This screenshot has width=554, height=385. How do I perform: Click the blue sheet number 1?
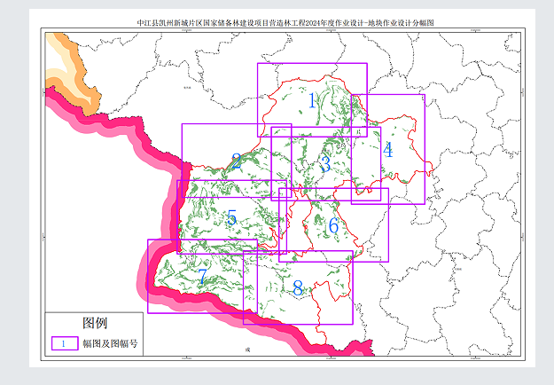click(x=312, y=100)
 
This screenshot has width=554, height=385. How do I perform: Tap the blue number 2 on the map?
click(x=236, y=161)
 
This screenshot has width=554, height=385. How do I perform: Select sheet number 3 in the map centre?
click(x=325, y=164)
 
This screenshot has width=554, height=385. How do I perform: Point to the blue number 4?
click(x=387, y=149)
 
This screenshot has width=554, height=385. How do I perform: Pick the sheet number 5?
click(x=231, y=217)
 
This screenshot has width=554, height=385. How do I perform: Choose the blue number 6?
click(x=333, y=225)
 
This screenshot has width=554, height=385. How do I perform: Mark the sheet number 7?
click(x=202, y=277)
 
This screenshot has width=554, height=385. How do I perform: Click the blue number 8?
click(x=298, y=288)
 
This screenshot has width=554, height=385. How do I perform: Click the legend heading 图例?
click(x=95, y=321)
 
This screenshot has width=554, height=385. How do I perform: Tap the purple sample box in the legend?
click(x=64, y=343)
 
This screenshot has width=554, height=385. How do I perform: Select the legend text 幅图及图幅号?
click(x=111, y=343)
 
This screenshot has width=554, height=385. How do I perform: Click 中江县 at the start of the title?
click(x=147, y=24)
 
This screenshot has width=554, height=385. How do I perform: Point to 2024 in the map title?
click(x=305, y=24)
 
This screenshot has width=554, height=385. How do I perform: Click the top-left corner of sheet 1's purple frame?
click(x=258, y=64)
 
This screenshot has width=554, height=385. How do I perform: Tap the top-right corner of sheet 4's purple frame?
click(x=425, y=95)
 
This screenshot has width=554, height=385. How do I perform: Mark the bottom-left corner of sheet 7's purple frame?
click(x=148, y=312)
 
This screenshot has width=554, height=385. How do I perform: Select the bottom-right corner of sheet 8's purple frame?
click(x=352, y=324)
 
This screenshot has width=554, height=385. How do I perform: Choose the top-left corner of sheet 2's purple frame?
click(x=182, y=124)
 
